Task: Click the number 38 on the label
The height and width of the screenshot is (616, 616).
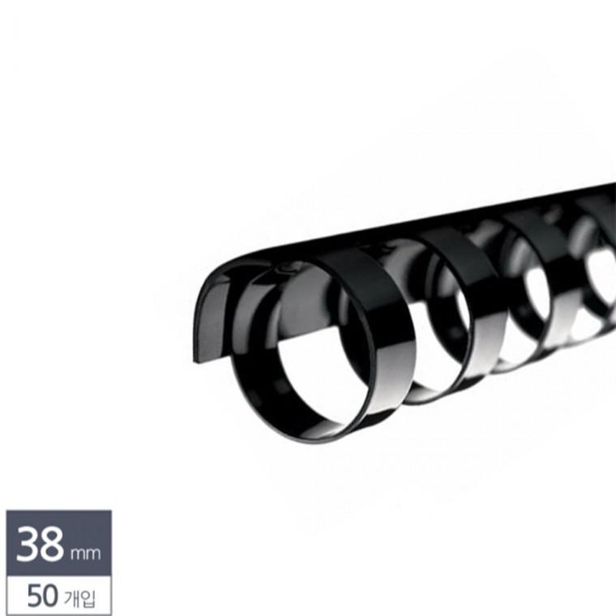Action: point(40,544)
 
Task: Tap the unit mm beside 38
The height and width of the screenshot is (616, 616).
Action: point(85,553)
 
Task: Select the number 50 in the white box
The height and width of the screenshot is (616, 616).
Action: point(42,596)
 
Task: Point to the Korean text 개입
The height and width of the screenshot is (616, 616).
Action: point(79,597)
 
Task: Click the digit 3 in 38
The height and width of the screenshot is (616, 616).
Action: point(27,544)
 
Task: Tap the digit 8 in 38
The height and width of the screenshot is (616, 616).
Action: point(52,544)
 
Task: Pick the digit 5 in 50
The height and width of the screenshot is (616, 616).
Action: point(34,596)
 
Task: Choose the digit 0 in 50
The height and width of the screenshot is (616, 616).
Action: point(50,596)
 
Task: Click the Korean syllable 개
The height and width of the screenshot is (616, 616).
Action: point(71,597)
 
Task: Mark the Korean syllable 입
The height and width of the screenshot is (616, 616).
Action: point(88,598)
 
